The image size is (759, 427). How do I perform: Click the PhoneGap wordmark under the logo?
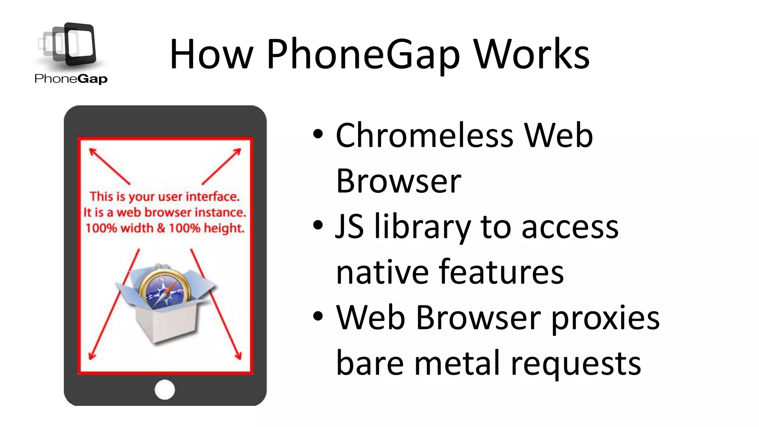click(x=71, y=79)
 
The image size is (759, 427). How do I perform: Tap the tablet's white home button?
click(x=165, y=390)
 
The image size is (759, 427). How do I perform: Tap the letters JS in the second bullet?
click(x=349, y=227)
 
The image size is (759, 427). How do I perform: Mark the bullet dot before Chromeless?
click(x=318, y=134)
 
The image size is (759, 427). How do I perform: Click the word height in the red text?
click(x=224, y=228)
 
